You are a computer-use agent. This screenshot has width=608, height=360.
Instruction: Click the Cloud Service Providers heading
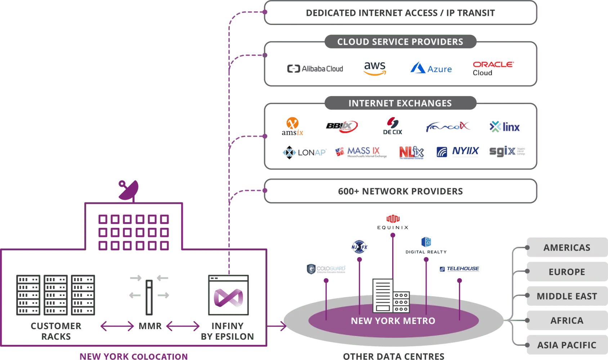click(400, 42)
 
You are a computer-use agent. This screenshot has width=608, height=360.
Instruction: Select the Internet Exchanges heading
click(400, 103)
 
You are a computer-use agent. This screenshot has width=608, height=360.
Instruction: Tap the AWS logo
click(375, 68)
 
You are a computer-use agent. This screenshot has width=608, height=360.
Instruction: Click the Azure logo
click(431, 68)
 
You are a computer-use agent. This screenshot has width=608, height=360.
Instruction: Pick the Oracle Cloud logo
click(493, 68)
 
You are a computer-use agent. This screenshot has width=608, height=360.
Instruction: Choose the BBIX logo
click(341, 126)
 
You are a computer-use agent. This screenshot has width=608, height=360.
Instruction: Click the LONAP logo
click(304, 153)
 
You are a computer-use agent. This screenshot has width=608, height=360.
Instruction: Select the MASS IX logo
click(361, 152)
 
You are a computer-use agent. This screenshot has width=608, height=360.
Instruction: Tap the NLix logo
click(411, 152)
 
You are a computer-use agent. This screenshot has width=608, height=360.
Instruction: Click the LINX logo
click(505, 127)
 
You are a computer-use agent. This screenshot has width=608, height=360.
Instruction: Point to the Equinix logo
click(393, 222)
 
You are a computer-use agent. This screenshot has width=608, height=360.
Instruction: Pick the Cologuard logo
click(326, 269)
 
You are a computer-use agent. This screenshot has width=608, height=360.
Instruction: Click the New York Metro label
click(393, 321)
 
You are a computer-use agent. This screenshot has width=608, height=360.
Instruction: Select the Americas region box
click(567, 247)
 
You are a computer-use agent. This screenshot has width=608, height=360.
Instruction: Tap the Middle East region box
click(567, 296)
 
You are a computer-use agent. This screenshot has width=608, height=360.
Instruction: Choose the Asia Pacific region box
click(567, 345)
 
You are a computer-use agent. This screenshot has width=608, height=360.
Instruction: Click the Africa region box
click(567, 320)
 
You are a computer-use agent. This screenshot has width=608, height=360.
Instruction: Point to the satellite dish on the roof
click(129, 190)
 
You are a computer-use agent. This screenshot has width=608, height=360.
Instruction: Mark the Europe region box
click(567, 272)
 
